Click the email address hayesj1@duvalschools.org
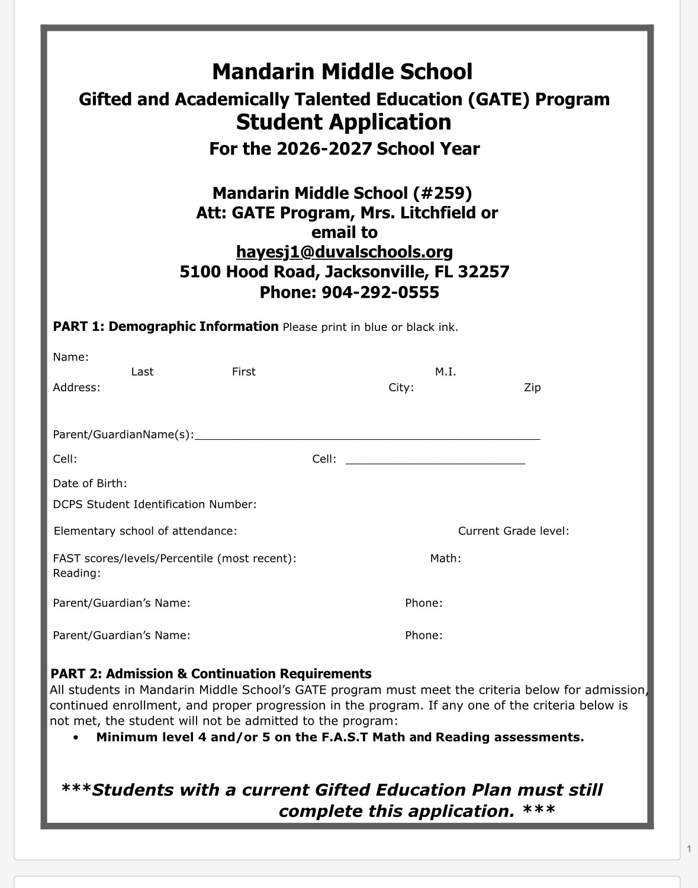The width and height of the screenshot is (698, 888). pyautogui.click(x=344, y=252)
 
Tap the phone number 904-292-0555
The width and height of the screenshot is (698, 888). pyautogui.click(x=380, y=292)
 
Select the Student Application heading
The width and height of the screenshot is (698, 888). pyautogui.click(x=343, y=122)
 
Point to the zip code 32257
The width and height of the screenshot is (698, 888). pyautogui.click(x=484, y=272)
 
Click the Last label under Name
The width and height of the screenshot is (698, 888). pyautogui.click(x=142, y=372)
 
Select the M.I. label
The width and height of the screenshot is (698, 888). pyautogui.click(x=445, y=372)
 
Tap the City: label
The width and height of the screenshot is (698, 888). pyautogui.click(x=401, y=388)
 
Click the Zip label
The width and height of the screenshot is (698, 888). pyautogui.click(x=532, y=388)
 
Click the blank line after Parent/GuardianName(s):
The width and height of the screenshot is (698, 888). pyautogui.click(x=367, y=437)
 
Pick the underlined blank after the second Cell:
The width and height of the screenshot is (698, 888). pyautogui.click(x=435, y=461)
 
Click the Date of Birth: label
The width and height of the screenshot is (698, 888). pyautogui.click(x=90, y=484)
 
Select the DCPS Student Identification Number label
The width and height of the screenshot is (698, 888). pyautogui.click(x=155, y=504)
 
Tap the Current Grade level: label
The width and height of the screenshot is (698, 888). pyautogui.click(x=513, y=531)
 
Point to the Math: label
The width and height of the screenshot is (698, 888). pyautogui.click(x=445, y=558)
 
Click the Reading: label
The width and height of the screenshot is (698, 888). pyautogui.click(x=76, y=573)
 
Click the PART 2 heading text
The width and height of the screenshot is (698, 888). pyautogui.click(x=211, y=674)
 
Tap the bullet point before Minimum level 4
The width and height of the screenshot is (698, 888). pyautogui.click(x=75, y=738)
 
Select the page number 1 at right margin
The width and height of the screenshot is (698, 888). pyautogui.click(x=689, y=849)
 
